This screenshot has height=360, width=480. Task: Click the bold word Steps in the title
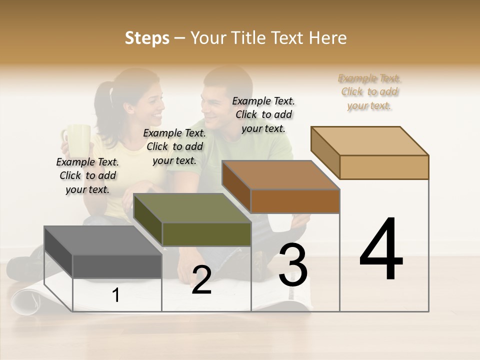(x=147, y=38)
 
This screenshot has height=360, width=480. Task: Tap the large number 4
(x=381, y=250)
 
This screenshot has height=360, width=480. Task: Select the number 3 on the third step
(x=292, y=265)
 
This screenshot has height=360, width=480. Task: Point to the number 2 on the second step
(x=201, y=280)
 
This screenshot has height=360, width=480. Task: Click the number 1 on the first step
(x=116, y=295)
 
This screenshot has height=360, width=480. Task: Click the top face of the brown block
(x=280, y=175)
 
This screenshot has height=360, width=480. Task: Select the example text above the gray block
(x=87, y=175)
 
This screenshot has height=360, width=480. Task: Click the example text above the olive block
(x=174, y=146)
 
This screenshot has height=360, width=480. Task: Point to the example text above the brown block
(x=263, y=114)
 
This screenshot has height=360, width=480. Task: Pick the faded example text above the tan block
(x=369, y=91)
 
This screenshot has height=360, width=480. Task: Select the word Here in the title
(x=328, y=38)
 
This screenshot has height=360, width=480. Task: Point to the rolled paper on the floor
(x=27, y=300)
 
